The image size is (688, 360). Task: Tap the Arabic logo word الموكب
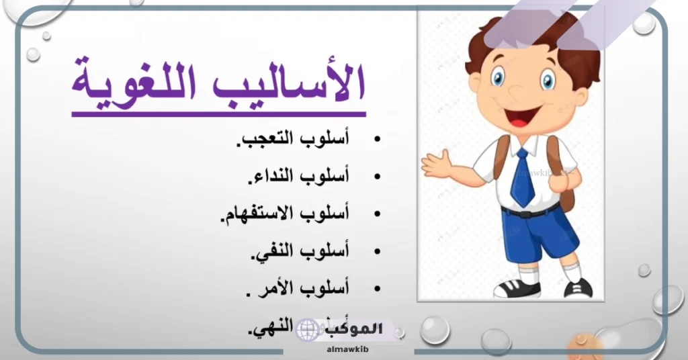pyautogui.click(x=356, y=329)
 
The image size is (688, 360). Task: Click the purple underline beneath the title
pyautogui.click(x=218, y=114)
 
